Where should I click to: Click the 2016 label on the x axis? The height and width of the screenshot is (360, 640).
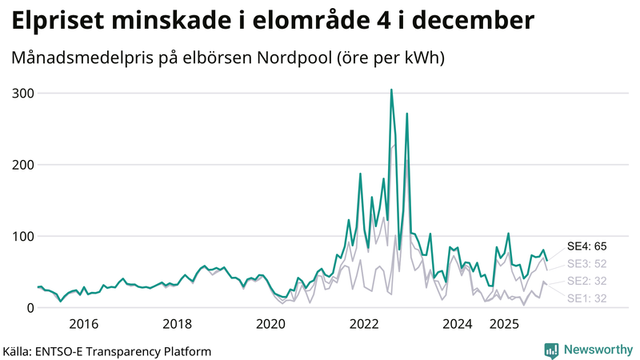point(83,324)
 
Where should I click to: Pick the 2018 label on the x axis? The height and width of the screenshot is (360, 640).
point(177,324)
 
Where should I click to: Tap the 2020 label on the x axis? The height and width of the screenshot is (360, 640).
point(270,324)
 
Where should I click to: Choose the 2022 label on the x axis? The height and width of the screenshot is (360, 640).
point(364,324)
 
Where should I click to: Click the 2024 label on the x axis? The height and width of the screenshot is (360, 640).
point(458,324)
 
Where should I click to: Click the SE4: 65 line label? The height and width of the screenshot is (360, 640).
point(586,246)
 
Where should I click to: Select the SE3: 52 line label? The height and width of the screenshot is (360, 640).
point(586,263)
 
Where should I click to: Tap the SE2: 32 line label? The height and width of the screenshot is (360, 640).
point(586,281)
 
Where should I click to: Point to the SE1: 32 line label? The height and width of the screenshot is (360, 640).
point(586,298)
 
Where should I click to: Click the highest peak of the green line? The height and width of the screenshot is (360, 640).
point(391,90)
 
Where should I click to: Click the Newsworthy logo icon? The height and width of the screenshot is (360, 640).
point(551,350)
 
